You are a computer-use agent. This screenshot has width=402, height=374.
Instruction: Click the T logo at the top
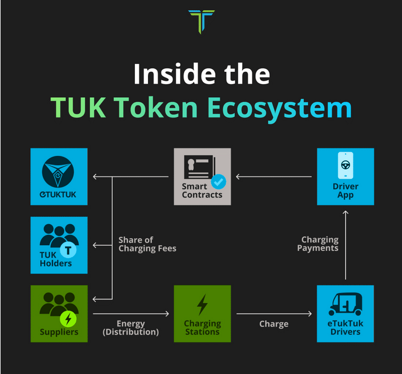tap(202, 20)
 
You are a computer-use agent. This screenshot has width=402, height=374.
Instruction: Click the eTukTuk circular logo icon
tap(59, 171)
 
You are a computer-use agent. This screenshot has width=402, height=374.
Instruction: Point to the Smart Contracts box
tap(202, 176)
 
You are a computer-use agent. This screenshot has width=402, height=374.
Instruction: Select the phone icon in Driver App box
tap(345, 166)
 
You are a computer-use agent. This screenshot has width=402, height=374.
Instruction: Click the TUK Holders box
tap(59, 245)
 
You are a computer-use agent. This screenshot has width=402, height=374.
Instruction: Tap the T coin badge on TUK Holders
tap(68, 250)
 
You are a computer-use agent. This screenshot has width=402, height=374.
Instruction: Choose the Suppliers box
tap(59, 314)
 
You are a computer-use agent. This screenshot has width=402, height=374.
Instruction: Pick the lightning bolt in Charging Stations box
tap(202, 305)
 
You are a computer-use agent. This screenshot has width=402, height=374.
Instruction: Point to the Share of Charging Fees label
tap(147, 244)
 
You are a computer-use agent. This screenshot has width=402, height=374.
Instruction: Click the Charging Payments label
tap(320, 244)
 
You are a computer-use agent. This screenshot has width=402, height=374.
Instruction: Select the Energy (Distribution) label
tap(130, 328)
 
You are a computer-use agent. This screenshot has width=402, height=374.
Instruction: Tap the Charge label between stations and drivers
tap(274, 324)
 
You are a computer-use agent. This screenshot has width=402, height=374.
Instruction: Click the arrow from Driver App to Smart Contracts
tap(274, 177)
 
